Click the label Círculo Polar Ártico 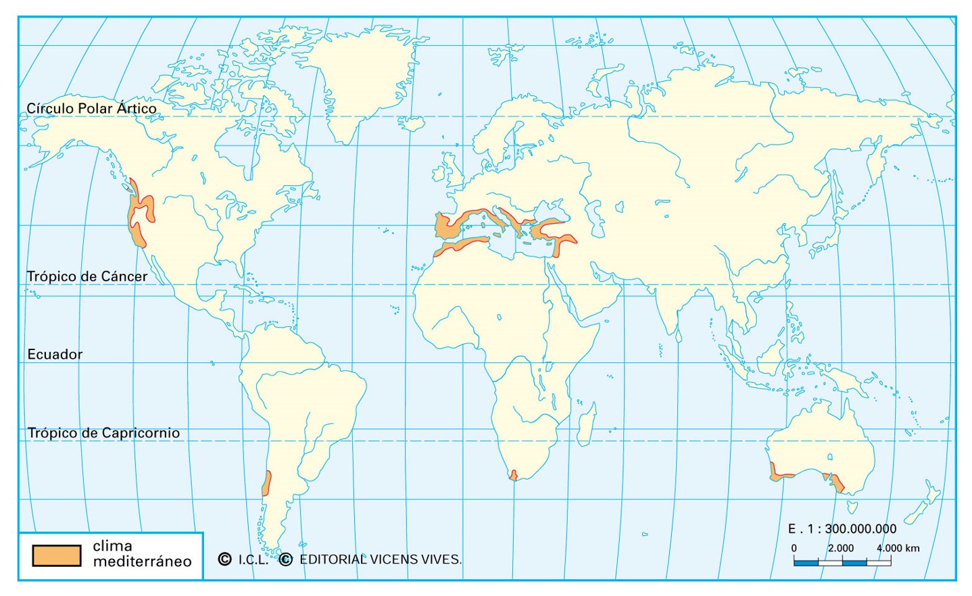[91, 108]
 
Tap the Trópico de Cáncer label [87, 276]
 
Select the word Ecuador [55, 354]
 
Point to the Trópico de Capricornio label [103, 433]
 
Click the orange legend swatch [57, 555]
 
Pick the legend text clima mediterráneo [142, 553]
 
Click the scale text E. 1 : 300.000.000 [842, 528]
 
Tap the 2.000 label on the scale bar [841, 548]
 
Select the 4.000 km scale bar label [898, 548]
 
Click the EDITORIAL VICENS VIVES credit [380, 560]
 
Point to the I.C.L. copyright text [253, 560]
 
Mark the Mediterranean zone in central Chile [267, 482]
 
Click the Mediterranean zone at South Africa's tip [514, 475]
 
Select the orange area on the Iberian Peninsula [446, 226]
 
